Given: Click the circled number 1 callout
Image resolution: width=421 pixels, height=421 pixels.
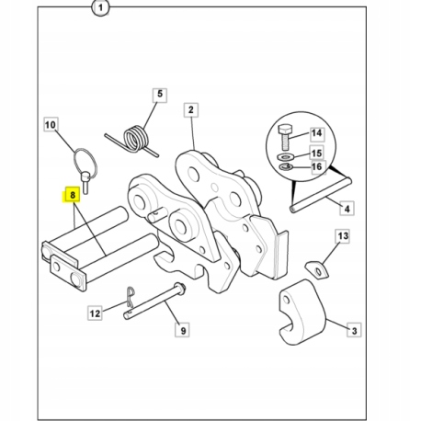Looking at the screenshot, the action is click(100, 8).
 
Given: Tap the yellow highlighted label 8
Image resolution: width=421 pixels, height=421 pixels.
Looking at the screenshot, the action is click(73, 195).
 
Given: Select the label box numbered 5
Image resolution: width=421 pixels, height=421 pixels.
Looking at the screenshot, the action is click(160, 95).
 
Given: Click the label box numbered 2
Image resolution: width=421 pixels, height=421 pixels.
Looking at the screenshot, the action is click(191, 110).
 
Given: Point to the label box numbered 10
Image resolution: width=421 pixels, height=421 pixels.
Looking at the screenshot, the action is click(51, 124).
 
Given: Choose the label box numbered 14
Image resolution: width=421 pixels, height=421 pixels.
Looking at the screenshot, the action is click(316, 133).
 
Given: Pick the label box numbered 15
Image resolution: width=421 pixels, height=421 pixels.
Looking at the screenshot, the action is click(316, 153).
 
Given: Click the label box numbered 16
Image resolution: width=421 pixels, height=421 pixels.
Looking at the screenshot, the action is click(316, 167).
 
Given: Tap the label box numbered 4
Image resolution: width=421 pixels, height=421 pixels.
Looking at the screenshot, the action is click(347, 209).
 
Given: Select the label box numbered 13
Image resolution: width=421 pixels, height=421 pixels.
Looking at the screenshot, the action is click(343, 236).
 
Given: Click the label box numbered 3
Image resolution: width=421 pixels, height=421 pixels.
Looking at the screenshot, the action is click(354, 330).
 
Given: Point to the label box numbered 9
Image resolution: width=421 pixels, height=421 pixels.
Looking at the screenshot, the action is click(183, 330).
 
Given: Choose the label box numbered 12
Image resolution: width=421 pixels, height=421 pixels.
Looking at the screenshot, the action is click(95, 313).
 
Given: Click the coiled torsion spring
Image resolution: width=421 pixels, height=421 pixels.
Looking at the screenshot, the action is click(135, 141).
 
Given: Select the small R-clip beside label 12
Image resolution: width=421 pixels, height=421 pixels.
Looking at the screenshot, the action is click(131, 297).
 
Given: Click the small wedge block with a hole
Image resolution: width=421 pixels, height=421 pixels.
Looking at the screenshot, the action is click(317, 269).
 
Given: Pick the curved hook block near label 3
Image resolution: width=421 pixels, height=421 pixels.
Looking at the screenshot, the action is click(302, 312).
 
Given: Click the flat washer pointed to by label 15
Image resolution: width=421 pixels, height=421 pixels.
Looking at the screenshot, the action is click(285, 157).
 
